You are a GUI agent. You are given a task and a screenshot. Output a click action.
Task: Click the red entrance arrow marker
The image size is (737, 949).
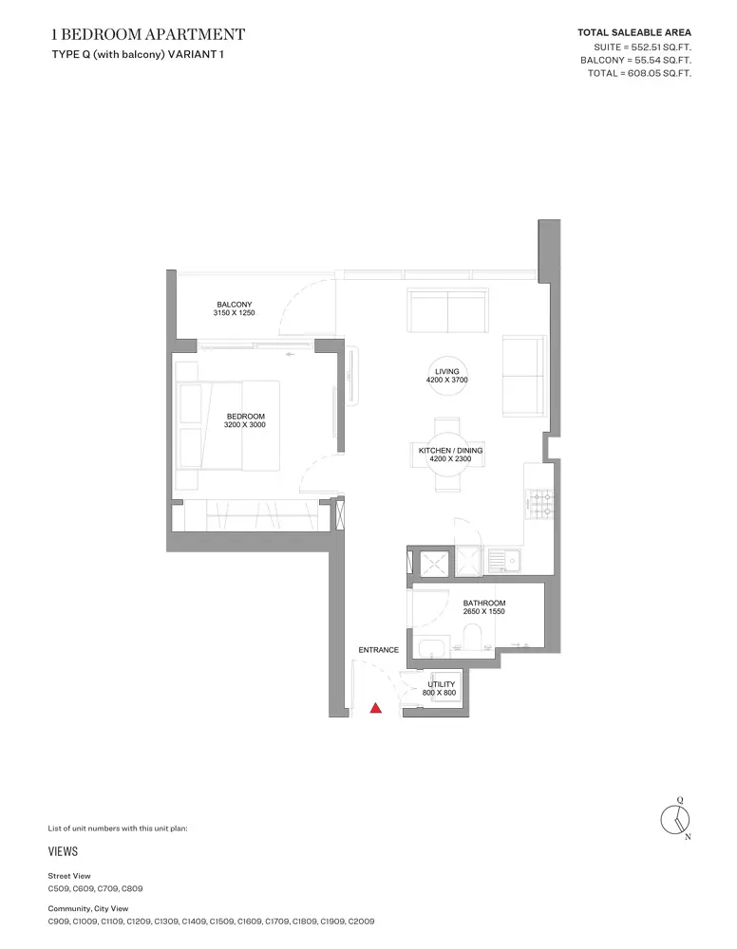point(375,708)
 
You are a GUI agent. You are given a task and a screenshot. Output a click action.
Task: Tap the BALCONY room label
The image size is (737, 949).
point(235,305)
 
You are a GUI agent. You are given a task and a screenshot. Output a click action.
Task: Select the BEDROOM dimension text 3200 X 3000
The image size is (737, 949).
point(245,425)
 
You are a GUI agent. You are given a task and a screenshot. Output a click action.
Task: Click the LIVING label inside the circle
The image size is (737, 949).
point(447,372)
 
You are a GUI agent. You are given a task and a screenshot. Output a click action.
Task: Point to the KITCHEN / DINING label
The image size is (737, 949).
point(450,450)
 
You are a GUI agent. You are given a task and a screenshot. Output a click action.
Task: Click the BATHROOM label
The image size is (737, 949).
point(483,603)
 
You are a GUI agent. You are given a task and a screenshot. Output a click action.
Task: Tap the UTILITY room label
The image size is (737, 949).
point(441,684)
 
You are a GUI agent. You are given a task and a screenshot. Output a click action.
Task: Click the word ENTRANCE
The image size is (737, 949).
point(379,650)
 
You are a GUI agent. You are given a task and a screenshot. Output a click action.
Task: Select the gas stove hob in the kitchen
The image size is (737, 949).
point(540,504)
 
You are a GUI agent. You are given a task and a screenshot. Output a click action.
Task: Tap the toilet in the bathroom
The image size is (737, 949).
point(472,639)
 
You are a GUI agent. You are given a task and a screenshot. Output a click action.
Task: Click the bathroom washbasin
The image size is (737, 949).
point(432,647)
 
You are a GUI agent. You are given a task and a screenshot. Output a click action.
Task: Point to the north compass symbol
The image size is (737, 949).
point(675,820)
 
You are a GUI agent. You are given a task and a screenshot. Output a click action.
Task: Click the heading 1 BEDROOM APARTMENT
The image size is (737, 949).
point(148,34)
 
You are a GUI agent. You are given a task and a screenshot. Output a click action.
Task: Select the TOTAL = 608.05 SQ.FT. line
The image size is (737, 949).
point(639,73)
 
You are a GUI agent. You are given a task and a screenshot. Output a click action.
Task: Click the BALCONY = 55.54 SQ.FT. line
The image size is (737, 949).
point(635,60)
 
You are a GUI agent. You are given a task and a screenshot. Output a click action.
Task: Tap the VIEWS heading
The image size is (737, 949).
point(63,851)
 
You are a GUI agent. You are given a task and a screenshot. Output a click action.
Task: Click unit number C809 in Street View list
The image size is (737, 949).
point(132,888)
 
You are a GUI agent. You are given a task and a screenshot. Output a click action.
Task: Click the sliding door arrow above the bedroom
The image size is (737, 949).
point(290,354)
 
